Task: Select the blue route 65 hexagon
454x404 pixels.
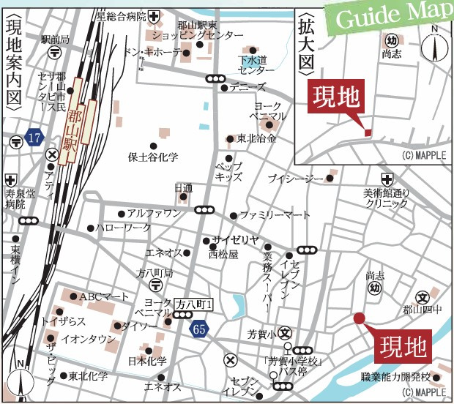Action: click(200, 330)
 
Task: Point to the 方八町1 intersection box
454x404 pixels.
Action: click(194, 303)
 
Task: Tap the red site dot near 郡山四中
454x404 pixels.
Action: click(359, 318)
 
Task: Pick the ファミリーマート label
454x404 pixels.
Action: click(275, 215)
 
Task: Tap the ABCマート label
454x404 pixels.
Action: click(104, 296)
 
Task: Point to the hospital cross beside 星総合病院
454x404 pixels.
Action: click(152, 15)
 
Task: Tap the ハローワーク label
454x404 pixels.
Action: click(123, 228)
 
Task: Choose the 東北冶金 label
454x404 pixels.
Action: click(256, 138)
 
